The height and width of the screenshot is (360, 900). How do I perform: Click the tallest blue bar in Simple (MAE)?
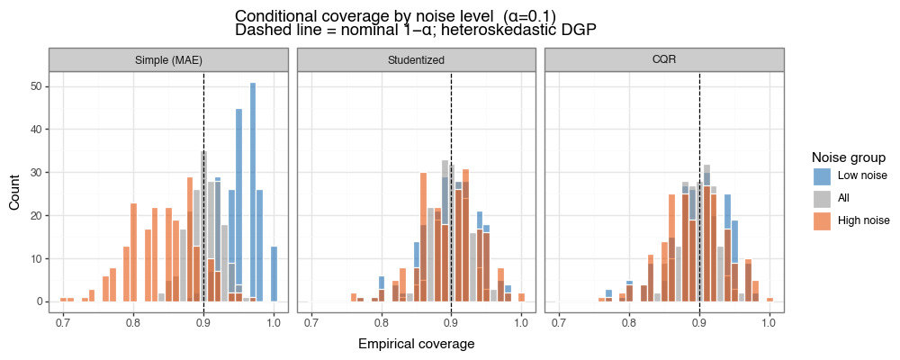click(253, 192)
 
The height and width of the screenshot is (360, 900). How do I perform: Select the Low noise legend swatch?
click(822, 175)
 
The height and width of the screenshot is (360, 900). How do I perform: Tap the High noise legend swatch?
click(822, 221)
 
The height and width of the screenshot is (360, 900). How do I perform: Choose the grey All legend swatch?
click(822, 198)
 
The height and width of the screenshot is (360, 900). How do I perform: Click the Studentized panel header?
click(417, 59)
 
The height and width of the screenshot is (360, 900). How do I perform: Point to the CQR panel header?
click(664, 59)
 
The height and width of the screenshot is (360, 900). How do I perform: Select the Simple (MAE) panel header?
click(169, 59)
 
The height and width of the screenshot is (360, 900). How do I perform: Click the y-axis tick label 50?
click(37, 86)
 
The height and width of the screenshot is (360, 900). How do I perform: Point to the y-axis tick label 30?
click(37, 172)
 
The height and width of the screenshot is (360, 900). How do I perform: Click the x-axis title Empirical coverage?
click(416, 344)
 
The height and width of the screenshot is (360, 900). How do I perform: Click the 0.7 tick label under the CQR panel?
click(559, 323)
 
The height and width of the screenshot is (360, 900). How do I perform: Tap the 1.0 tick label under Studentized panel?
click(521, 323)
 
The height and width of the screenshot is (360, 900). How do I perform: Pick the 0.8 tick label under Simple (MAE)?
click(134, 323)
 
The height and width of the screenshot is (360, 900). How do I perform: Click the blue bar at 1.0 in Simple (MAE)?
click(274, 274)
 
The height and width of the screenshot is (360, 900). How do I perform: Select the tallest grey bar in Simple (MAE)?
click(203, 226)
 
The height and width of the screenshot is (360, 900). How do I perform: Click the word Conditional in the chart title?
click(274, 16)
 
